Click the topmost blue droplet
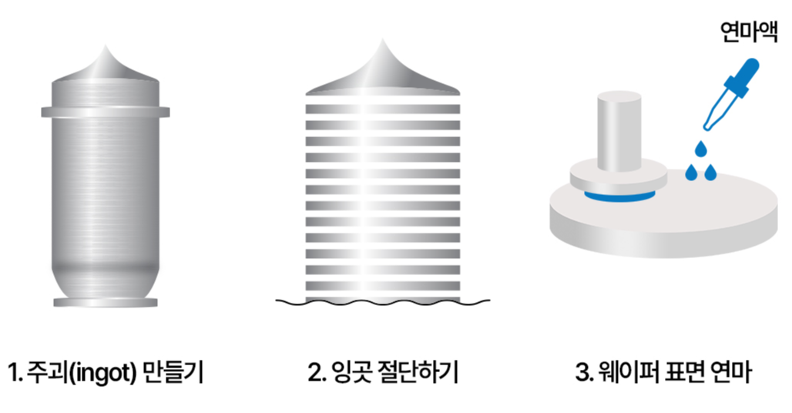pos(700,147)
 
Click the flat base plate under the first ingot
pos(106,302)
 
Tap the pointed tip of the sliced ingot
pos(382,46)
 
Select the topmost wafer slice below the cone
pos(382,97)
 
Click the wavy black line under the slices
pos(382,303)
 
